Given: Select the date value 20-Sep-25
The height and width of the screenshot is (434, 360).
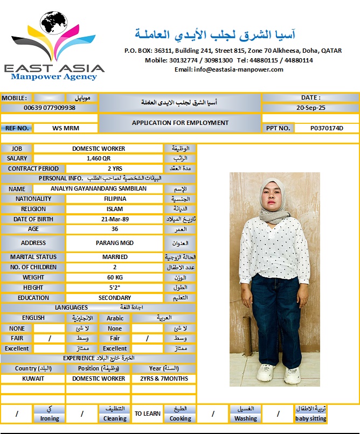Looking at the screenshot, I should click(311, 108).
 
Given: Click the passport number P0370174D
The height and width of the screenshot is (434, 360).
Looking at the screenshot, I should click(327, 128).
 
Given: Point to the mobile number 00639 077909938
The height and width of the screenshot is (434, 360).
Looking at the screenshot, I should click(49, 108).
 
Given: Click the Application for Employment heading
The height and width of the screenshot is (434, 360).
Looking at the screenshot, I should click(180, 123).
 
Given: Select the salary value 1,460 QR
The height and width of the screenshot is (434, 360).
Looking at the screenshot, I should click(98, 159).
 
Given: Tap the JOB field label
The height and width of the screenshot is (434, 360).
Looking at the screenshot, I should click(17, 149).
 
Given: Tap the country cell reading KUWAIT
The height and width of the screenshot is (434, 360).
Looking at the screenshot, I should click(33, 379).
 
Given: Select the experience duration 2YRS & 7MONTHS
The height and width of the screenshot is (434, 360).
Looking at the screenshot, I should click(163, 379).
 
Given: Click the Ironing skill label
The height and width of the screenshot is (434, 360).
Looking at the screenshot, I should click(50, 418).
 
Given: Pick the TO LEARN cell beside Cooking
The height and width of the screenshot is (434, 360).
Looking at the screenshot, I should click(148, 414).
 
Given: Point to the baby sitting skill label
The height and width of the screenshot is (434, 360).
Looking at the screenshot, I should click(310, 418).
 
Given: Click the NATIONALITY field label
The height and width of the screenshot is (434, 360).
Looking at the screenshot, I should click(33, 199).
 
